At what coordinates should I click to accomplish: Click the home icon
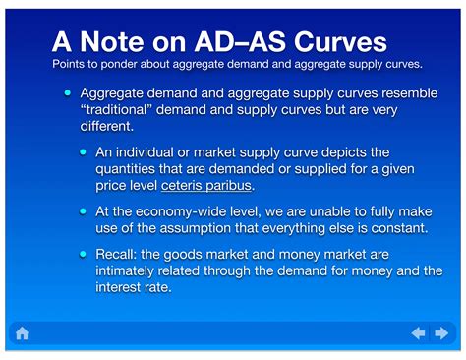22,333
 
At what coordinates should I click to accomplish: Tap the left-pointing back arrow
419,333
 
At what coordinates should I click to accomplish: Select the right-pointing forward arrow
441,333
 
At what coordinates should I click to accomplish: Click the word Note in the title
112,42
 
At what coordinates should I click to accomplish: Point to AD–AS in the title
240,42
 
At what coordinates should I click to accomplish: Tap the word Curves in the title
340,42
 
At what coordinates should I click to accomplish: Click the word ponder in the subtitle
119,64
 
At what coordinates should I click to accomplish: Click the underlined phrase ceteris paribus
206,186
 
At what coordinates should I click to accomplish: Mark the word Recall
116,255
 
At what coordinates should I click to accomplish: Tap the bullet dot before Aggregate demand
68,92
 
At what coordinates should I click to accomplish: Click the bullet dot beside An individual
84,152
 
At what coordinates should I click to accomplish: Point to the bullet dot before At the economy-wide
84,211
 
